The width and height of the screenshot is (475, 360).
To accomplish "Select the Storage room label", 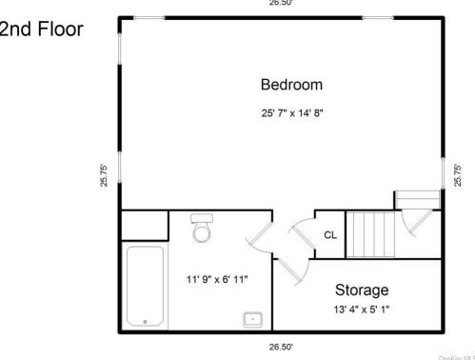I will (x=361, y=290).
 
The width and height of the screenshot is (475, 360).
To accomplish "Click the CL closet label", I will (x=329, y=234).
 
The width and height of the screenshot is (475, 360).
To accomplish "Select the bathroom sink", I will (x=253, y=318).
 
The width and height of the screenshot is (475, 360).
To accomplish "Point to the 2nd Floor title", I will (x=41, y=29).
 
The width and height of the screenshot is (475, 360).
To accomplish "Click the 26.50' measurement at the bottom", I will (x=280, y=347).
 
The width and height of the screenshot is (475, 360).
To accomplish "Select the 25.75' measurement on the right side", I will (x=460, y=177).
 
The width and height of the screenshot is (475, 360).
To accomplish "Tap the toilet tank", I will (x=201, y=218).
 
